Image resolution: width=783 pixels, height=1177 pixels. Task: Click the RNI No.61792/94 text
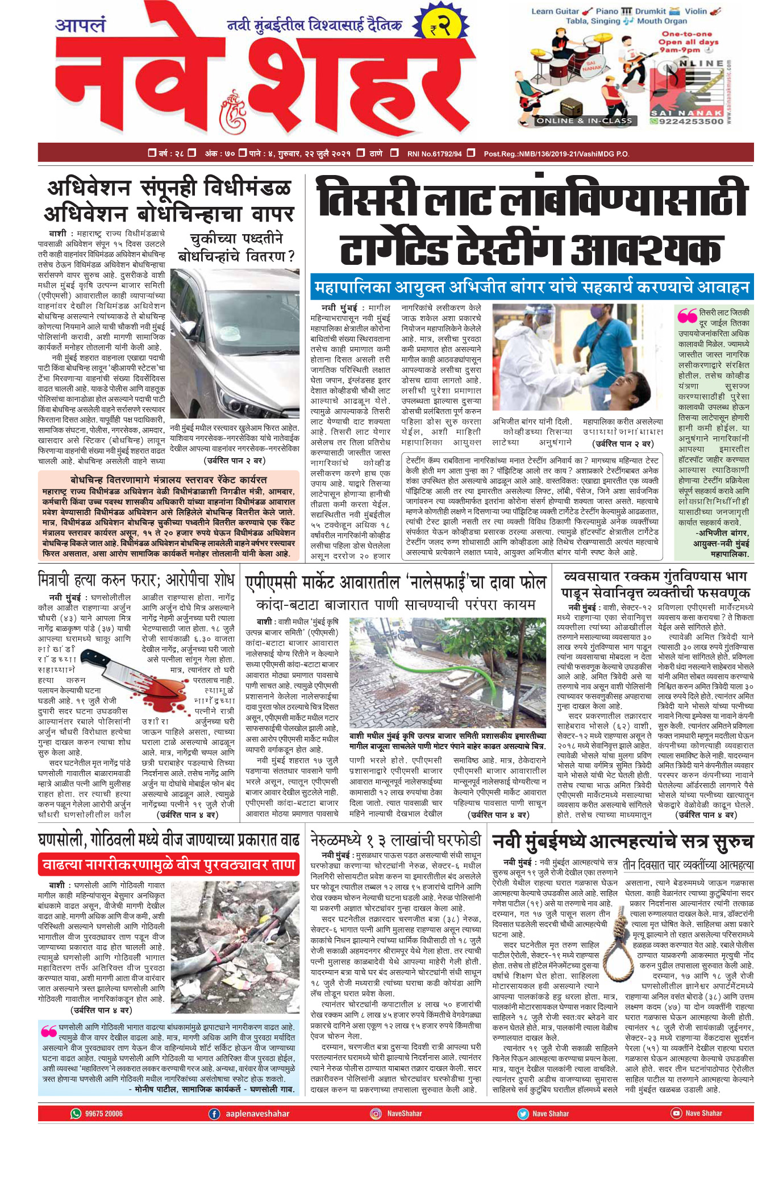434,153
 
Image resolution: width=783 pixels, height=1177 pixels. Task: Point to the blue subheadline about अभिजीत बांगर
531,288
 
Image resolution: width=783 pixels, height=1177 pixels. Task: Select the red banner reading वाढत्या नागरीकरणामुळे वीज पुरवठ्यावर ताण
169,865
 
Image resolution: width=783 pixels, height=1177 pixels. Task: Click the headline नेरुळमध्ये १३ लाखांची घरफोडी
396,840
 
